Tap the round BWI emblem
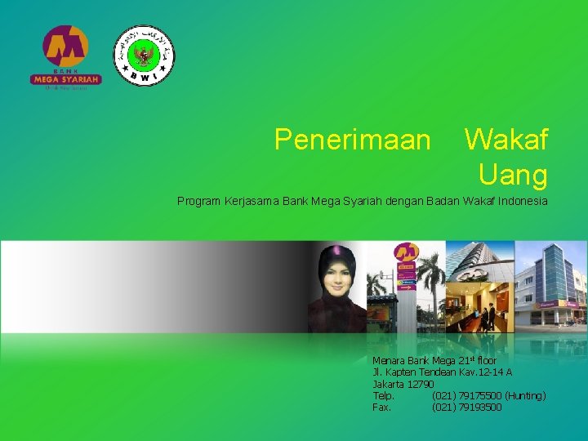pyautogui.click(x=144, y=56)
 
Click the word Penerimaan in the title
pyautogui.click(x=352, y=140)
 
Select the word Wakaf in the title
pyautogui.click(x=506, y=140)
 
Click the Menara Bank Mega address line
pyautogui.click(x=434, y=360)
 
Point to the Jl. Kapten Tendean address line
pyautogui.click(x=442, y=372)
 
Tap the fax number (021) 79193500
pyautogui.click(x=466, y=407)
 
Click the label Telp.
pyautogui.click(x=383, y=395)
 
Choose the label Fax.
pyautogui.click(x=381, y=407)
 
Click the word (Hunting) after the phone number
pyautogui.click(x=525, y=395)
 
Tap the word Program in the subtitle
pyautogui.click(x=199, y=201)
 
